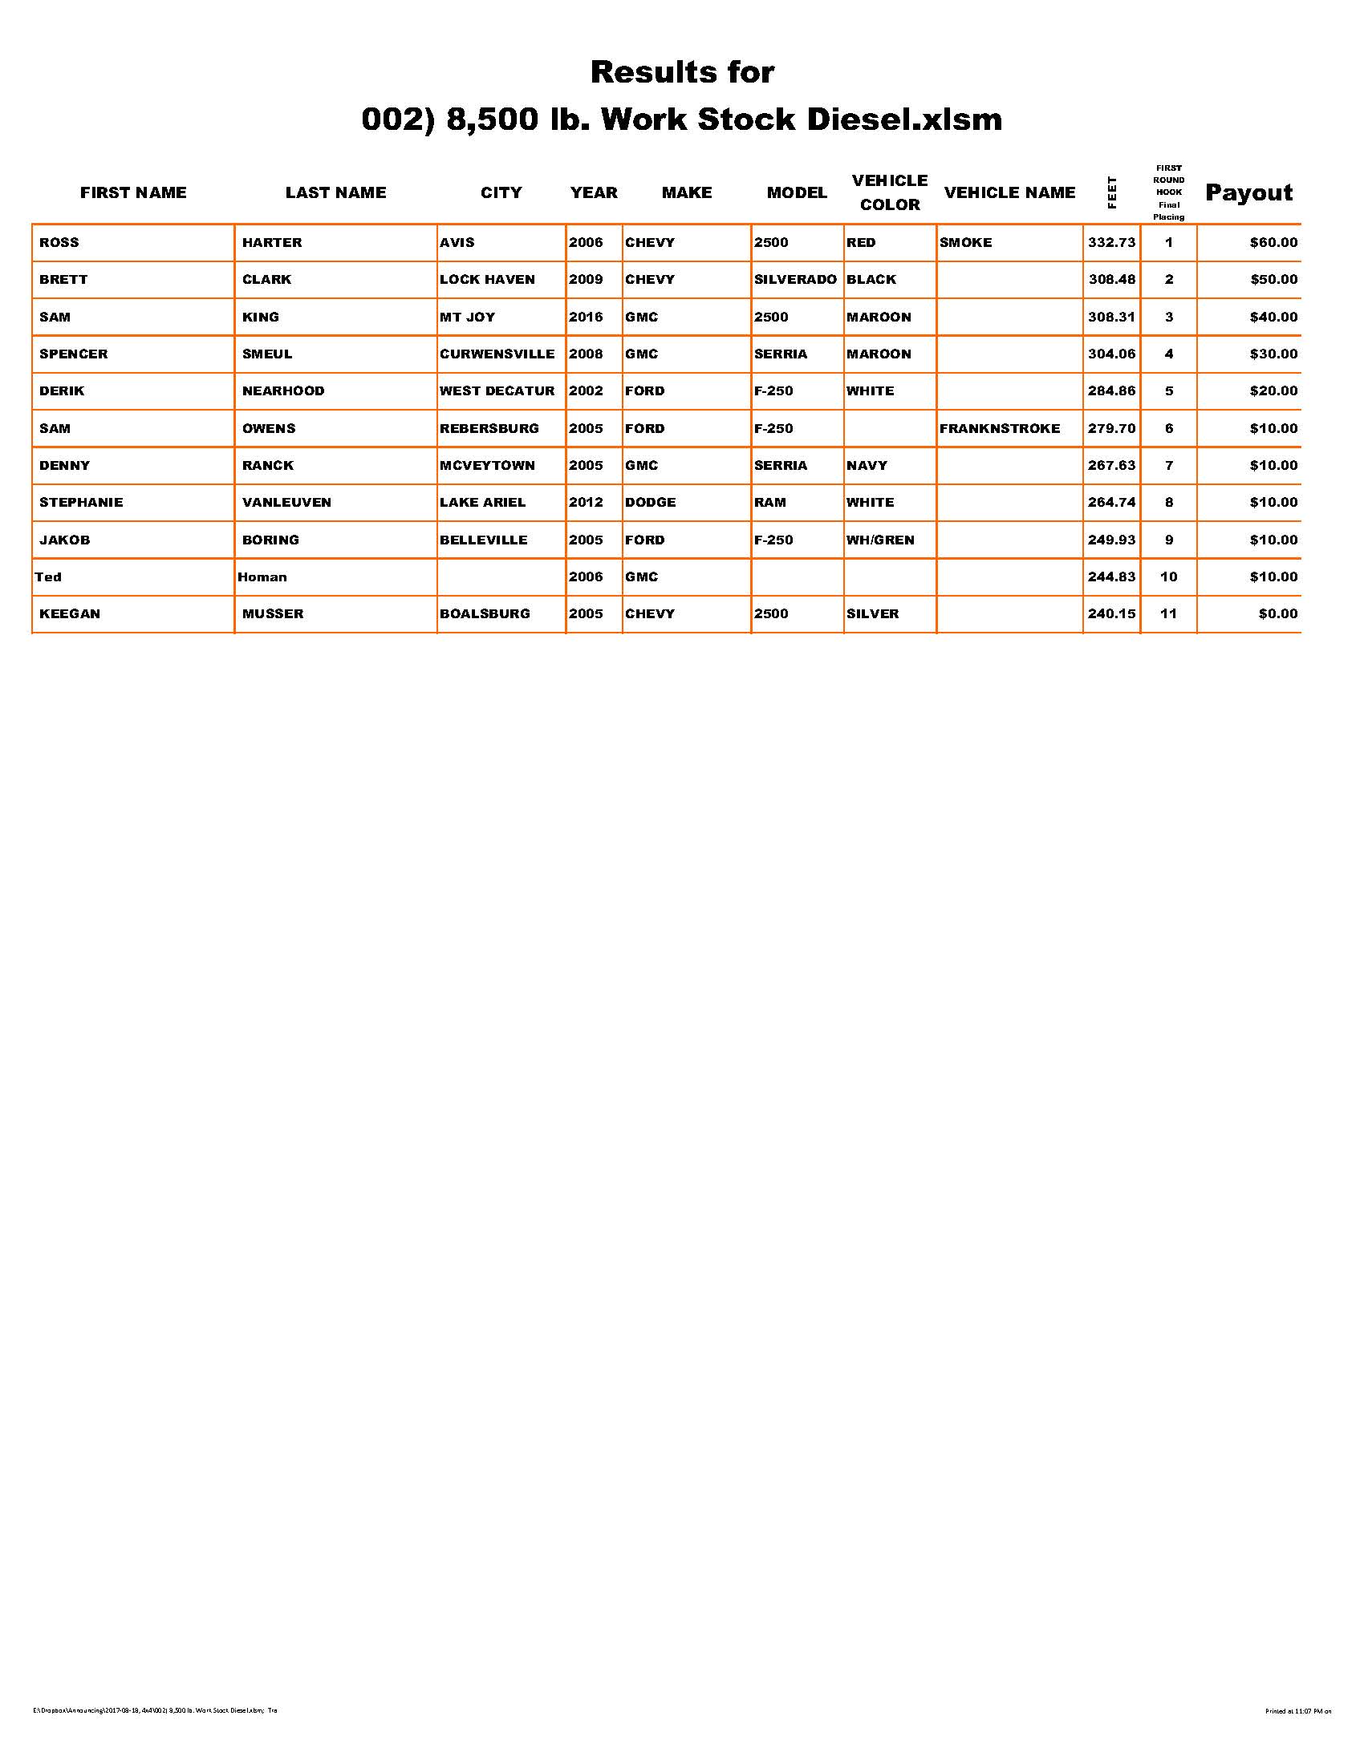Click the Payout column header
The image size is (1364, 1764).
(1248, 192)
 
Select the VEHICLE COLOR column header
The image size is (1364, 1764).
(890, 192)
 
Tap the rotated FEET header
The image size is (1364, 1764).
(1112, 192)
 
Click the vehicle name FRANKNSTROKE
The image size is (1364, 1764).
(1000, 428)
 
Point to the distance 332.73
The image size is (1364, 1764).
(1111, 242)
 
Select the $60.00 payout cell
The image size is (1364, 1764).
(1273, 242)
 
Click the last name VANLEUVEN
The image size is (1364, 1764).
(287, 503)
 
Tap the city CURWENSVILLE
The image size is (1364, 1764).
(497, 354)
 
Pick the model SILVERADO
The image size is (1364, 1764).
(795, 280)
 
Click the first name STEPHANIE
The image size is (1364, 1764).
(81, 503)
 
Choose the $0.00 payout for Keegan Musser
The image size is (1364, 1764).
(1277, 614)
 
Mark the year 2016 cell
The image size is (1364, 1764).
(586, 317)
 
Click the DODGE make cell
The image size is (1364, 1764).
(651, 503)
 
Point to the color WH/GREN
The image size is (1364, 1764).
(880, 540)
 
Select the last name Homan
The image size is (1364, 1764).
(262, 577)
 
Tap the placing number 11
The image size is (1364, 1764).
(1168, 614)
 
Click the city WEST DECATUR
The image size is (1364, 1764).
(497, 391)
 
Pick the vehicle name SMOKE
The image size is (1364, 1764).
(965, 242)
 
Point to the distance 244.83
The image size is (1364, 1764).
(1111, 577)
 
